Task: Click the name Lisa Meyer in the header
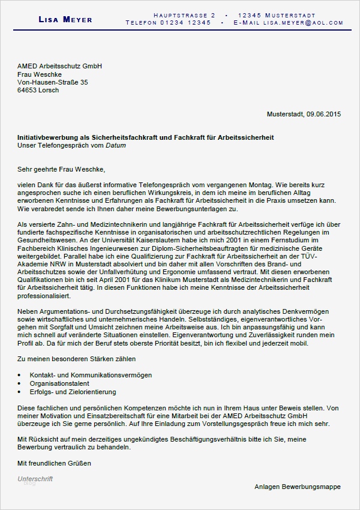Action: click(65, 19)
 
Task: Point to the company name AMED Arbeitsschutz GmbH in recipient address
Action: click(60, 66)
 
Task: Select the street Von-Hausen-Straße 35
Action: click(53, 82)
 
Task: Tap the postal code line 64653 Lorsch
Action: click(38, 90)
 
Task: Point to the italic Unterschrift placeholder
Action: click(35, 478)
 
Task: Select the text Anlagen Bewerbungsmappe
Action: click(297, 486)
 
